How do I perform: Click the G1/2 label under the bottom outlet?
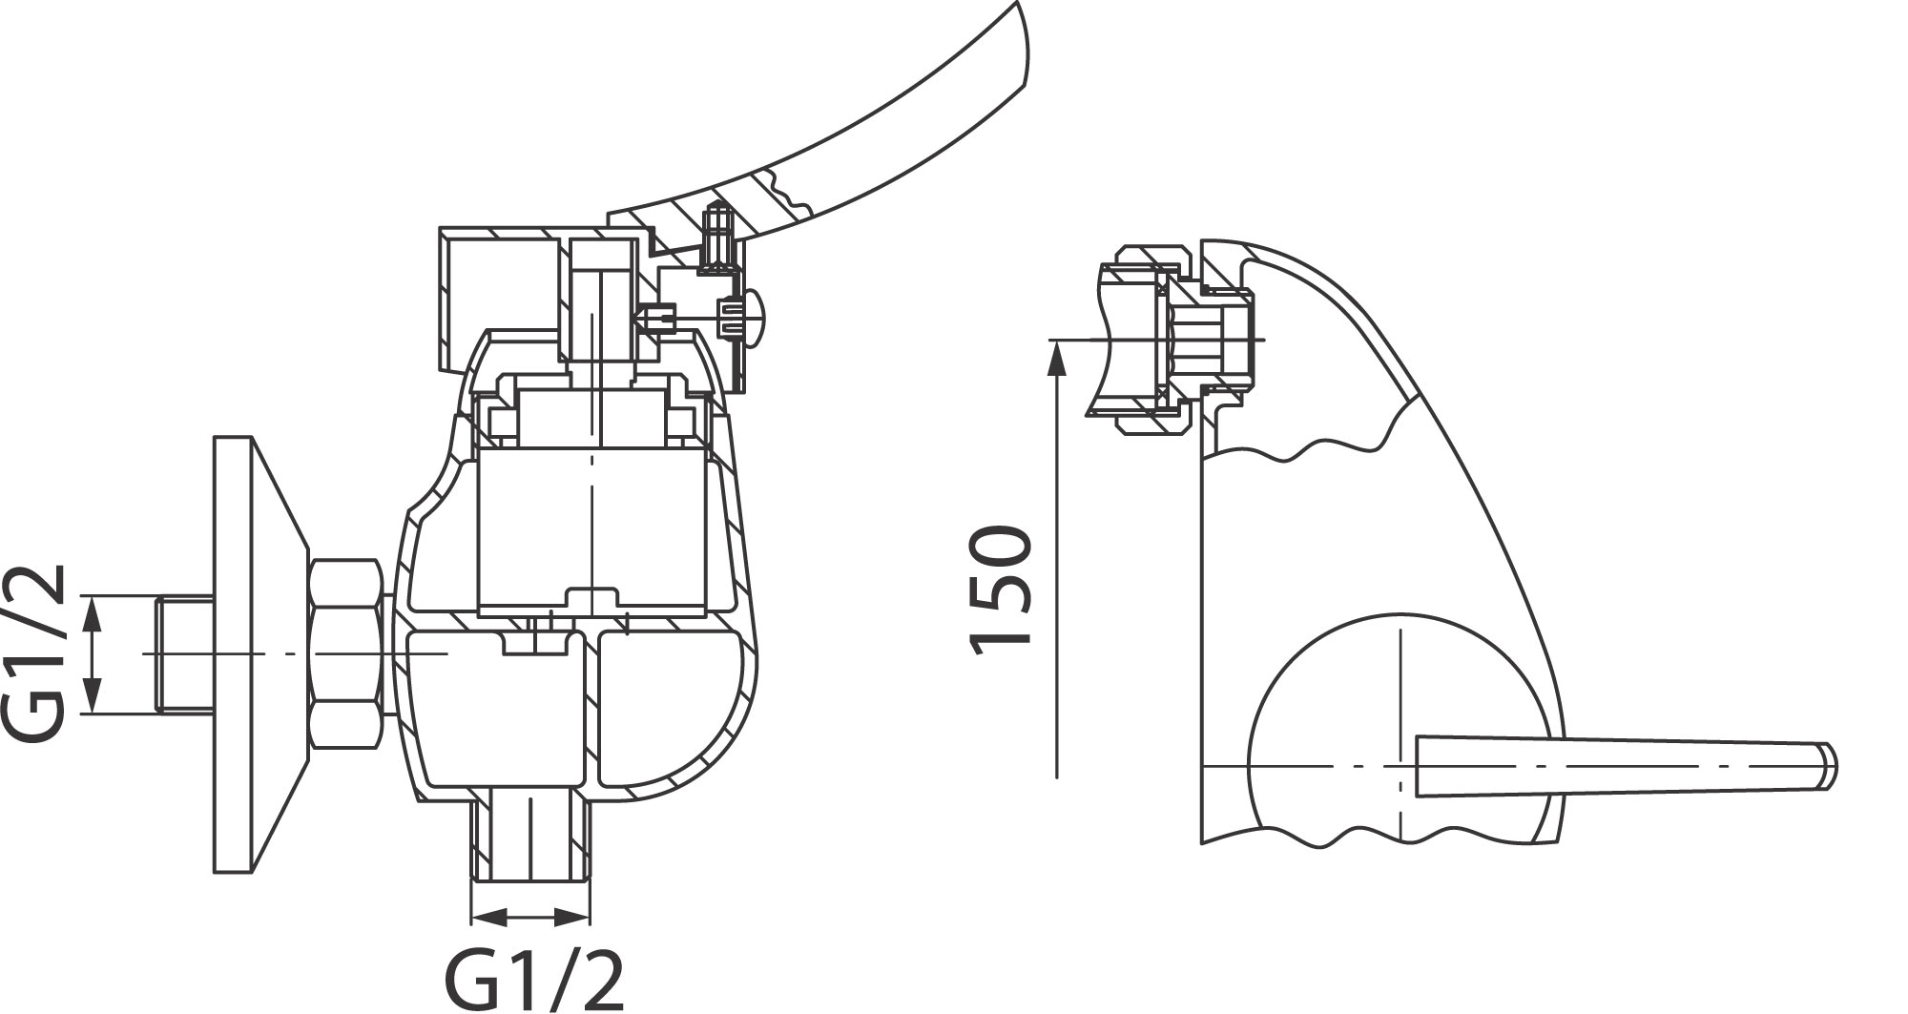tap(533, 977)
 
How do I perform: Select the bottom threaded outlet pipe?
tap(530, 838)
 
